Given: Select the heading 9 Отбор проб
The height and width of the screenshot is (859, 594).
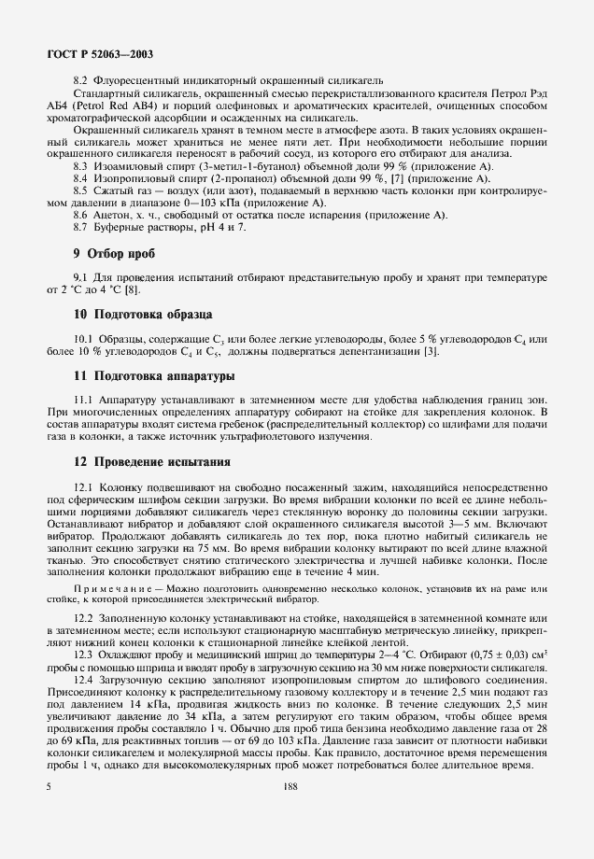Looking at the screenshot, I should [x=114, y=253].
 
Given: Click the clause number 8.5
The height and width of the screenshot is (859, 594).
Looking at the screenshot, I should [x=81, y=190].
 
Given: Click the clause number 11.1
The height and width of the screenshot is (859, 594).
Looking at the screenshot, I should [x=85, y=399].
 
